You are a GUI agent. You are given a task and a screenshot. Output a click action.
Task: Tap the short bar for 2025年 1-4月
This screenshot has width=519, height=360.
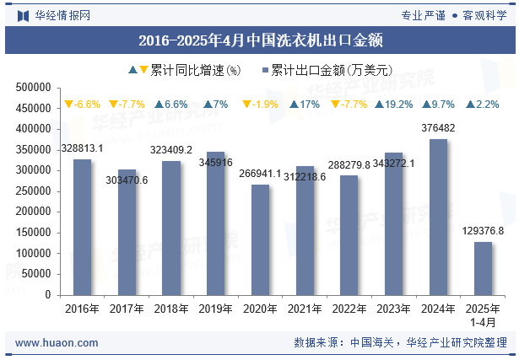coord(483,268)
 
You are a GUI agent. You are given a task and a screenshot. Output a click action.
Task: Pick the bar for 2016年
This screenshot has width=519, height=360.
coord(82,227)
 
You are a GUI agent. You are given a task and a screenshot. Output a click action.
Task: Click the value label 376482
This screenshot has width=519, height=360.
coord(438,128)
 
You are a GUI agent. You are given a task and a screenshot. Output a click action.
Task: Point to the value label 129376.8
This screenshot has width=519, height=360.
coord(483,231)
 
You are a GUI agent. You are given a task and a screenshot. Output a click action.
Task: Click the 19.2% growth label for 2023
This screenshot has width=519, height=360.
coord(393,105)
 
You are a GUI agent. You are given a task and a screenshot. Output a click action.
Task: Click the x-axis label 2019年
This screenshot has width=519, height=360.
coord(215,309)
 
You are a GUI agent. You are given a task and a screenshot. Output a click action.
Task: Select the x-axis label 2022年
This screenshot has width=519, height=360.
coord(349,309)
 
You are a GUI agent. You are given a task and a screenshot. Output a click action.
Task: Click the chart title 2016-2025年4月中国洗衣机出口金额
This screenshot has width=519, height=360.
coord(260,40)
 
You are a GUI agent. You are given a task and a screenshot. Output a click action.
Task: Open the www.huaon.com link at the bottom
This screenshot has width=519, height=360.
coord(57,343)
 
